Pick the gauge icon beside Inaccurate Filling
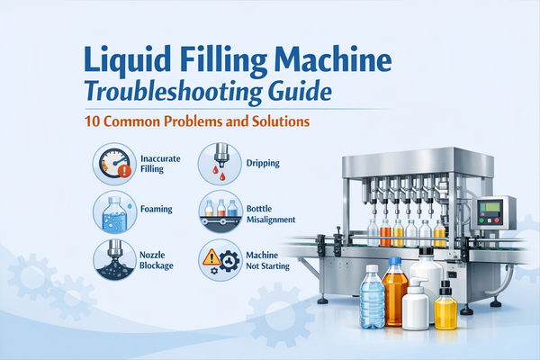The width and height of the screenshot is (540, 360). click(113, 164)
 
